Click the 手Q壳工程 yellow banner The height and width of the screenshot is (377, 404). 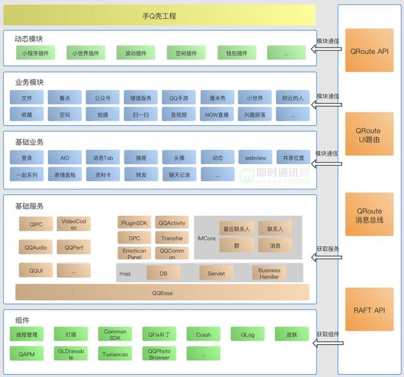click(159, 15)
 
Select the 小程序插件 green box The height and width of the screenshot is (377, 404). click(35, 53)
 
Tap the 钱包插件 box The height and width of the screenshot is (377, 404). click(236, 53)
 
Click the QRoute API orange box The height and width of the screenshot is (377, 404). click(369, 51)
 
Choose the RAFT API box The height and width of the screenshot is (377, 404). click(369, 310)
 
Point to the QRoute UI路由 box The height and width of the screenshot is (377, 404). click(369, 135)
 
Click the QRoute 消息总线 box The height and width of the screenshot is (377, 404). click(369, 215)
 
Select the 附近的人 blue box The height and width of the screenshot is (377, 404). click(292, 98)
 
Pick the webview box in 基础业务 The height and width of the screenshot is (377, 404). click(254, 157)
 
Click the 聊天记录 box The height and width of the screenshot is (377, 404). click(179, 174)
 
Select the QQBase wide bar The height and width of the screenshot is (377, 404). click(162, 292)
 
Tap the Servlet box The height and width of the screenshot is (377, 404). click(216, 273)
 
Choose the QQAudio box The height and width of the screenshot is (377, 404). click(35, 247)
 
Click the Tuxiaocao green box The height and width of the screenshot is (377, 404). click(115, 354)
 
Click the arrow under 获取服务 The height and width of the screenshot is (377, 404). click(328, 258)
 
